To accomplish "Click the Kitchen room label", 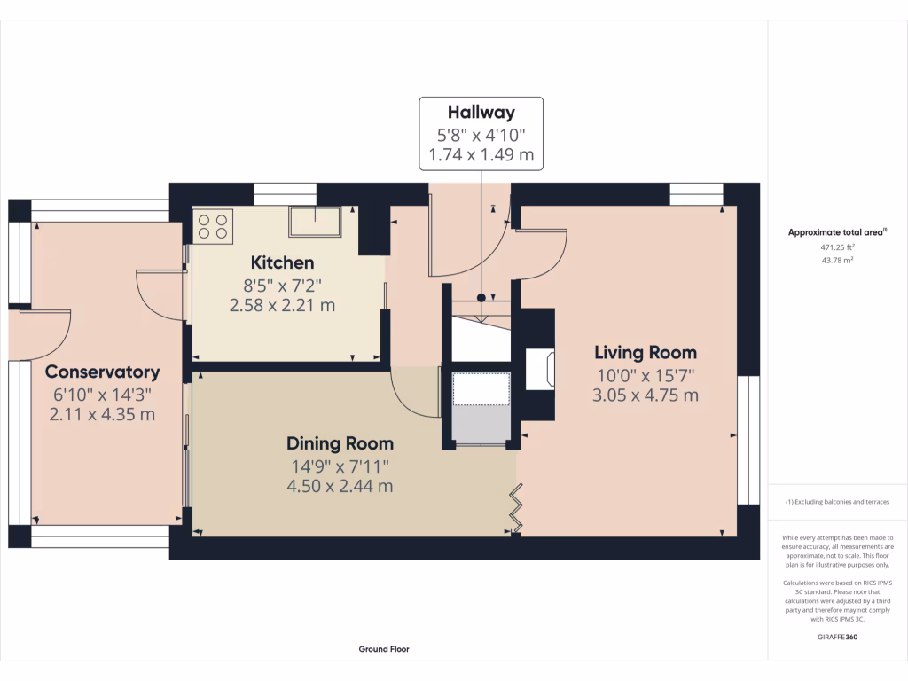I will (282, 262).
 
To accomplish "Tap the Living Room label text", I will (645, 352).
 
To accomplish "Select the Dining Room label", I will (340, 443).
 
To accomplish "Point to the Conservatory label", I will (102, 372).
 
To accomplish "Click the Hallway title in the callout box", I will (481, 112).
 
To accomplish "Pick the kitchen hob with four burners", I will (213, 226).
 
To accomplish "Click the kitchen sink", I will (315, 222).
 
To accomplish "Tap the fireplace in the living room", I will (539, 369).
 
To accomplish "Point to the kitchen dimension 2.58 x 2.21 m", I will (282, 306).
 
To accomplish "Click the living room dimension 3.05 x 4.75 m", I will (645, 395).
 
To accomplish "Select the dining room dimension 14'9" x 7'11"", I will (340, 466).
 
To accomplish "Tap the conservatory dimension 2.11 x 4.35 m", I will (102, 414).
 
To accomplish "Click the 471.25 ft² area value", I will (838, 247).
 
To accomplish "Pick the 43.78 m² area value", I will (838, 261).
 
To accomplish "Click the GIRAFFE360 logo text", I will (838, 637).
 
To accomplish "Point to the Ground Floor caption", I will (384, 649).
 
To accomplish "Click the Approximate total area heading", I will (836, 232).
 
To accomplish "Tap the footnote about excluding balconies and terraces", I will (838, 502).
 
